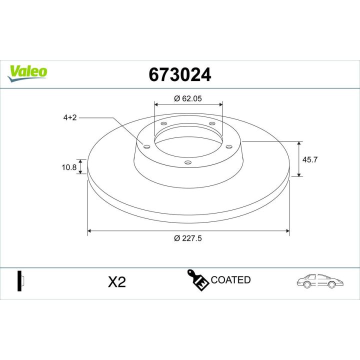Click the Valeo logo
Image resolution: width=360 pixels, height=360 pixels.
pyautogui.click(x=27, y=71)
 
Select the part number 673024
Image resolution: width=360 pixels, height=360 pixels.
pyautogui.click(x=180, y=74)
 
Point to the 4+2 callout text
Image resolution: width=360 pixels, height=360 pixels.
pyautogui.click(x=69, y=117)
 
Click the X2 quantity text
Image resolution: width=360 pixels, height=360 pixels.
pyautogui.click(x=116, y=282)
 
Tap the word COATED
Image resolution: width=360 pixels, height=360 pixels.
pyautogui.click(x=230, y=280)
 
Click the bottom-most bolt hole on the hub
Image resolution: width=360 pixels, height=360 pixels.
pyautogui.click(x=188, y=162)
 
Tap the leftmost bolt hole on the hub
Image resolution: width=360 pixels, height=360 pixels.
pyautogui.click(x=147, y=146)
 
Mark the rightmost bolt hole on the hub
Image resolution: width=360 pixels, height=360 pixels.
pyautogui.click(x=229, y=146)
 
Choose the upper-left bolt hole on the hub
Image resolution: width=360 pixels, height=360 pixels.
pyautogui.click(x=163, y=123)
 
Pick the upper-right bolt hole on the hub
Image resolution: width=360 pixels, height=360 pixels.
pyautogui.click(x=212, y=123)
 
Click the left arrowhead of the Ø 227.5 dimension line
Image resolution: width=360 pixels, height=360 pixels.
pyautogui.click(x=90, y=231)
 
